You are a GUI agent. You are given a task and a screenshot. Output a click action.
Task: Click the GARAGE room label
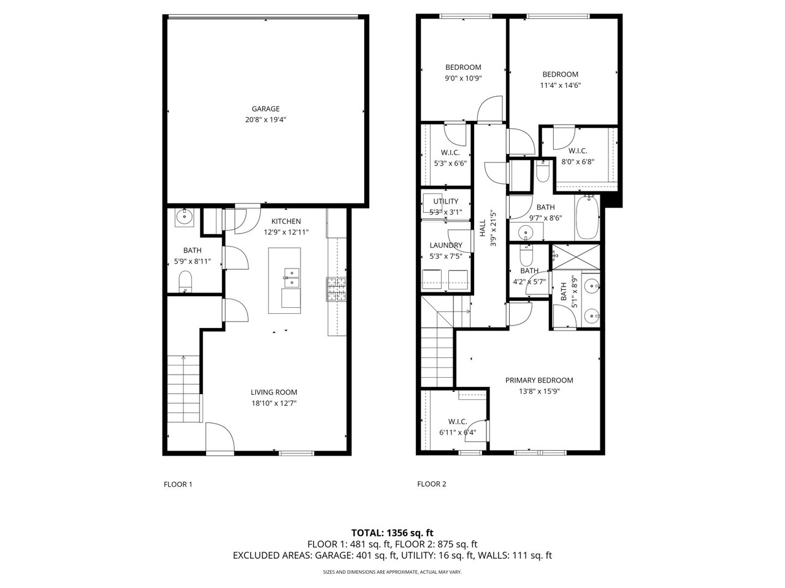tap(266, 109)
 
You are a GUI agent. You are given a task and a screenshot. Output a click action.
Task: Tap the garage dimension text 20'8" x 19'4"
tap(266, 120)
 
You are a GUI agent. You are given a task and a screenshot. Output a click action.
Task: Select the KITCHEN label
tap(286, 221)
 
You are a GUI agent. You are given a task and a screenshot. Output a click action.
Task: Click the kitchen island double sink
tap(292, 278)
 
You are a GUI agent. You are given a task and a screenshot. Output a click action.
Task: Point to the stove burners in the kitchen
tap(336, 289)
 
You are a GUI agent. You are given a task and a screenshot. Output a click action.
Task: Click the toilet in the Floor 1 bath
tap(185, 281)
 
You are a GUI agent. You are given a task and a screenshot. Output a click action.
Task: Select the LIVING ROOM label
tap(274, 392)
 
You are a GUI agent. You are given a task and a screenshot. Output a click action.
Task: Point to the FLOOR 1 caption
tap(178, 484)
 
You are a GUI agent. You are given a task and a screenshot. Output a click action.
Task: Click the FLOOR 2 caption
tap(432, 484)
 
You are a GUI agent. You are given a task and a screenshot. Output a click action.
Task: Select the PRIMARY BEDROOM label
tap(539, 380)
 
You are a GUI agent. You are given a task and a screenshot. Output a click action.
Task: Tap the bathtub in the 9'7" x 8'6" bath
tap(587, 217)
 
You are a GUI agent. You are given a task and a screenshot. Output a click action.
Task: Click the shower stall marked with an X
tap(576, 257)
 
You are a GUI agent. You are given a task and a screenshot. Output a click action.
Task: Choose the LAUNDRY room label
tap(446, 245)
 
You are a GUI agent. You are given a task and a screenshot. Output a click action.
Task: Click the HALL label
tap(483, 227)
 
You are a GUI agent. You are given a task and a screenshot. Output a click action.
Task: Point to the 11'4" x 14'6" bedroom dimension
tap(560, 85)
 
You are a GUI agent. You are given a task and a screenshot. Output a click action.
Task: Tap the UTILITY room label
tap(446, 201)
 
